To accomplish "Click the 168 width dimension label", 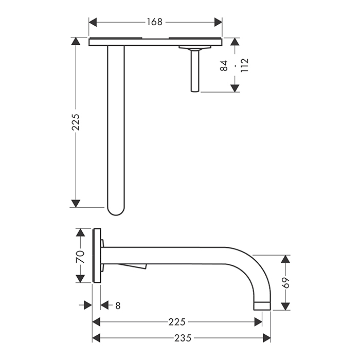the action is [x=154, y=22].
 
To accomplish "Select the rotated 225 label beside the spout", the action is [x=76, y=122].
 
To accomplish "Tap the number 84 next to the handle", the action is [x=224, y=66].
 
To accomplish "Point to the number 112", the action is [x=244, y=65].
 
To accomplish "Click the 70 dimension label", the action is [x=80, y=257].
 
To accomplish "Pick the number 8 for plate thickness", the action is [x=118, y=306].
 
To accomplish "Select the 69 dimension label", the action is [x=286, y=283].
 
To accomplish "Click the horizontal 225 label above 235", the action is [x=177, y=322].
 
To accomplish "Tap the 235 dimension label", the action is [x=183, y=338].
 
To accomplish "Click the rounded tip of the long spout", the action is [x=116, y=212].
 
